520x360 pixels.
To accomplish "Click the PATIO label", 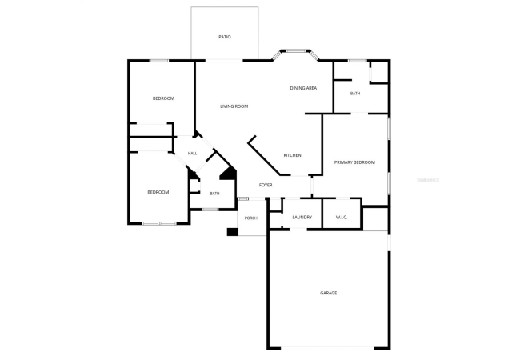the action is tap(225, 37).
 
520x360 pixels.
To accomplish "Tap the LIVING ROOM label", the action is tap(234, 106).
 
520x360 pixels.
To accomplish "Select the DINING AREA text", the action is tap(303, 88).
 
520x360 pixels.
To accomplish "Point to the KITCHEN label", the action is tap(293, 155).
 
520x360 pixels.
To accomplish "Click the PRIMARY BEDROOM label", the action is tap(354, 162).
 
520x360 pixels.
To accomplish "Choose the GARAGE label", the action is tap(329, 293).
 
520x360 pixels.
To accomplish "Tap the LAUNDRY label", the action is tap(302, 218).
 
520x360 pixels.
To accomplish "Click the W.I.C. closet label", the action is tap(342, 218).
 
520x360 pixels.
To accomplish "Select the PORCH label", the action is tap(250, 218).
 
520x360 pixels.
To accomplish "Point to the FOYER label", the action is tap(266, 185).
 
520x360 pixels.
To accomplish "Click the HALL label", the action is tap(192, 154).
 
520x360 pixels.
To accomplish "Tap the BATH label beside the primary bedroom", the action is tap(355, 94).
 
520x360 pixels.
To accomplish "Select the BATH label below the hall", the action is tap(214, 194).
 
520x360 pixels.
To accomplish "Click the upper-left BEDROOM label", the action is tap(163, 98).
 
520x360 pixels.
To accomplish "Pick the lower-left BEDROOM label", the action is tap(158, 192).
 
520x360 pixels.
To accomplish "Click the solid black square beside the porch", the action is tap(233, 232).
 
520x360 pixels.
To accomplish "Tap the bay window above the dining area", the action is tap(296, 51).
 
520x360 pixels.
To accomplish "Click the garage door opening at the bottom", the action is tap(328, 348).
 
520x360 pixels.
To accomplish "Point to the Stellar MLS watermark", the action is tap(428, 180).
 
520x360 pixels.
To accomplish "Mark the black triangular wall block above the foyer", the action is tap(228, 174).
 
